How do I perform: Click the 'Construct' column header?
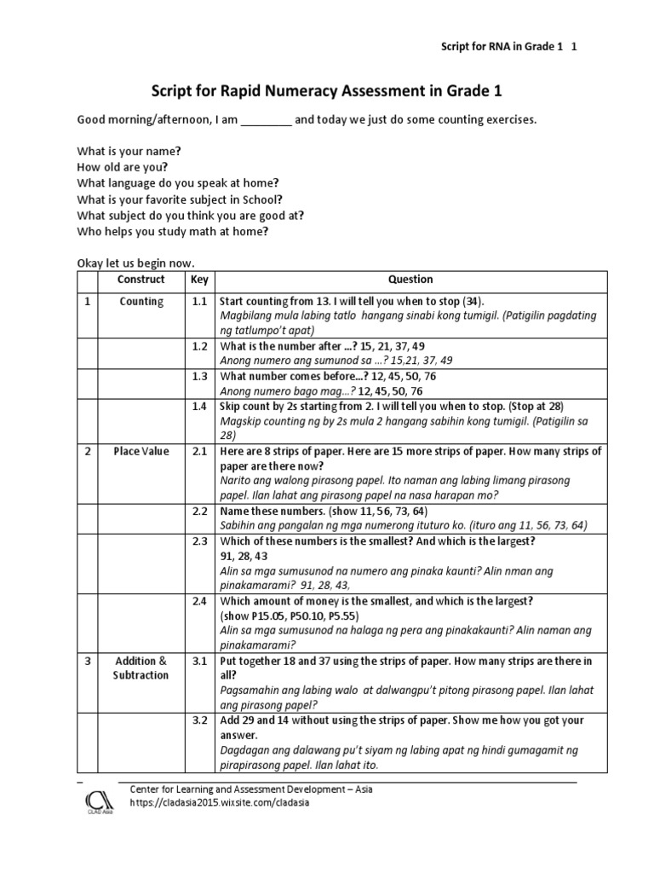pyautogui.click(x=141, y=280)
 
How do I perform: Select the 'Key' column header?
pyautogui.click(x=199, y=280)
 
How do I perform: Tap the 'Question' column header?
pyautogui.click(x=410, y=280)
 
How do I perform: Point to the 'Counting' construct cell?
pyautogui.click(x=141, y=302)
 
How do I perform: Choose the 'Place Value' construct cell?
pyautogui.click(x=141, y=452)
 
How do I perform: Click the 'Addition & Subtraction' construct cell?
pyautogui.click(x=141, y=668)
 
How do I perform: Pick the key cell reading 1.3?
pyautogui.click(x=199, y=377)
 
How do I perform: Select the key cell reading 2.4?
pyautogui.click(x=199, y=602)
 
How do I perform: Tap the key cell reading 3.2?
pyautogui.click(x=199, y=721)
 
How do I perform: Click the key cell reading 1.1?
pyautogui.click(x=199, y=302)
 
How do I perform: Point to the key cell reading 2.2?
pyautogui.click(x=199, y=512)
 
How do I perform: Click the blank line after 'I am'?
pyautogui.click(x=267, y=120)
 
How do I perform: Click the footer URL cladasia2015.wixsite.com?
pyautogui.click(x=219, y=802)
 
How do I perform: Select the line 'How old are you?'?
pyautogui.click(x=123, y=167)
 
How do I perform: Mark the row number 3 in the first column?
pyautogui.click(x=88, y=662)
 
